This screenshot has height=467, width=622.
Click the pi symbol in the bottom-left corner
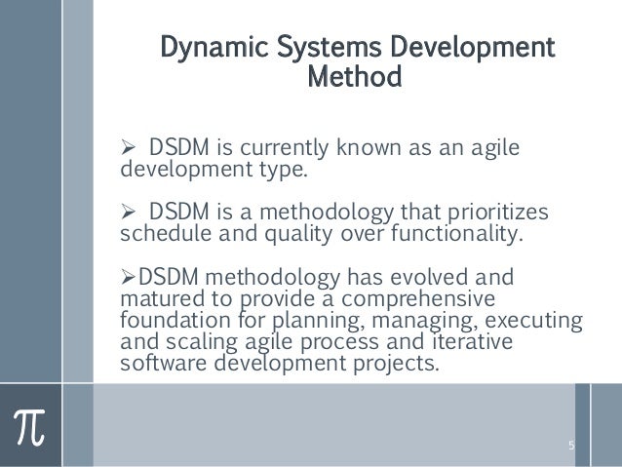point(31,426)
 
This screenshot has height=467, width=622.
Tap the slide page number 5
point(572,446)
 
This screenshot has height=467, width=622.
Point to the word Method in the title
point(353,75)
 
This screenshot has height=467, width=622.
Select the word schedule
point(159,234)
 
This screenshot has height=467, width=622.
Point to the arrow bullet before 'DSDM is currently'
point(127,149)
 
